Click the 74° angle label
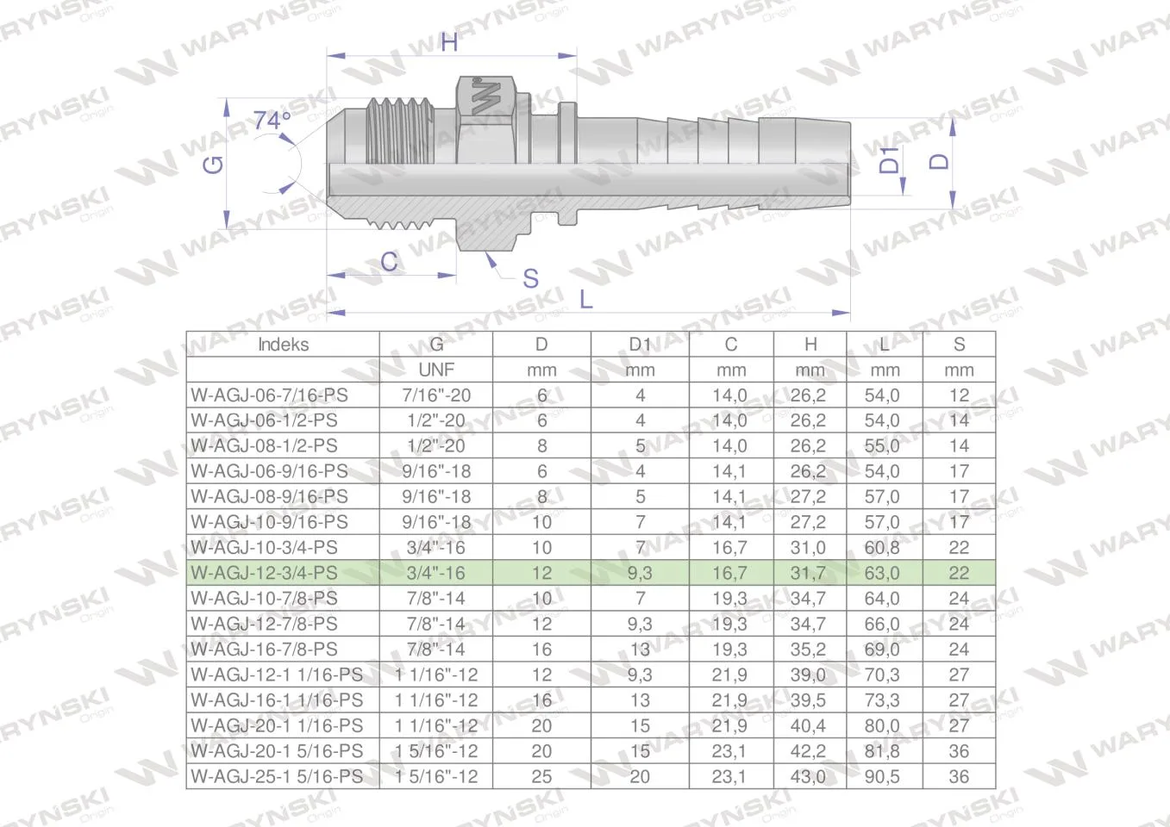[x=272, y=121]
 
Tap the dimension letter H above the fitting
[x=448, y=41]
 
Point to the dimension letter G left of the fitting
[x=213, y=165]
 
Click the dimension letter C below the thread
[x=389, y=261]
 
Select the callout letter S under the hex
[x=530, y=278]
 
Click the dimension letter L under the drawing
[x=586, y=300]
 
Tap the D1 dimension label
[x=889, y=159]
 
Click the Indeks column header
[x=283, y=345]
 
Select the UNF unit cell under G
[x=436, y=370]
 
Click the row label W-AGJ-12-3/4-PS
[x=265, y=573]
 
